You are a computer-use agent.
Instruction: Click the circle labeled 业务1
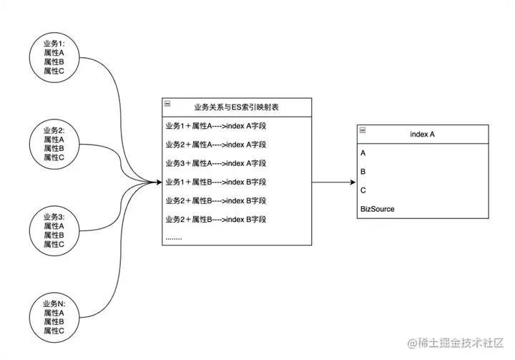coord(54,58)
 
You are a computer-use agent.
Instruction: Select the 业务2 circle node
coord(54,144)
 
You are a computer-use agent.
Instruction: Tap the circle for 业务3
coord(54,230)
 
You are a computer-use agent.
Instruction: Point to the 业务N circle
coord(54,316)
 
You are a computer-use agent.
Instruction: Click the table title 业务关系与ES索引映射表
coord(236,107)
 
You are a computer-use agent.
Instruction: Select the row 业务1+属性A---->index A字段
coord(215,126)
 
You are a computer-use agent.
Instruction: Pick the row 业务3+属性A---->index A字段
coord(215,163)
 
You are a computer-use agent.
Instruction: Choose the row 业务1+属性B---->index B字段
coord(215,182)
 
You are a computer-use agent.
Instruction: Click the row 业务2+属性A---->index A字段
coord(215,145)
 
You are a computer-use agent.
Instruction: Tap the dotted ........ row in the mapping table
coord(174,236)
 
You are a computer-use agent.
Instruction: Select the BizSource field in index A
coord(378,209)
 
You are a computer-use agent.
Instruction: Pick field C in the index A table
coord(363,190)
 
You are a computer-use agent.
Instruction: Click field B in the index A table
coord(363,172)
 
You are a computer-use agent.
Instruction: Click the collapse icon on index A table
coord(363,130)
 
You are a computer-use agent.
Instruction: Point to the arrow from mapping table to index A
coord(333,182)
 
